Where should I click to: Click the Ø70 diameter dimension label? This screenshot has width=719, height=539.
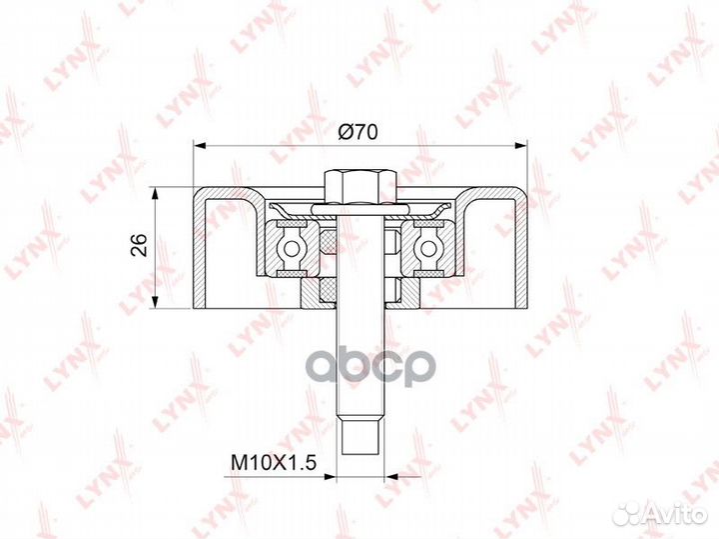(x=358, y=132)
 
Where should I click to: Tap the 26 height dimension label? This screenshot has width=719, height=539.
(x=139, y=245)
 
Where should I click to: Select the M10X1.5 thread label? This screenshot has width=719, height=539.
(x=275, y=462)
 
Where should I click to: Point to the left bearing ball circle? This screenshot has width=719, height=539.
(x=291, y=248)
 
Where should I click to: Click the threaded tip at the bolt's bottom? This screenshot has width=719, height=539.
(x=359, y=438)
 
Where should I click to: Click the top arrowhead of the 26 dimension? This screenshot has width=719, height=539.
(x=157, y=193)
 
